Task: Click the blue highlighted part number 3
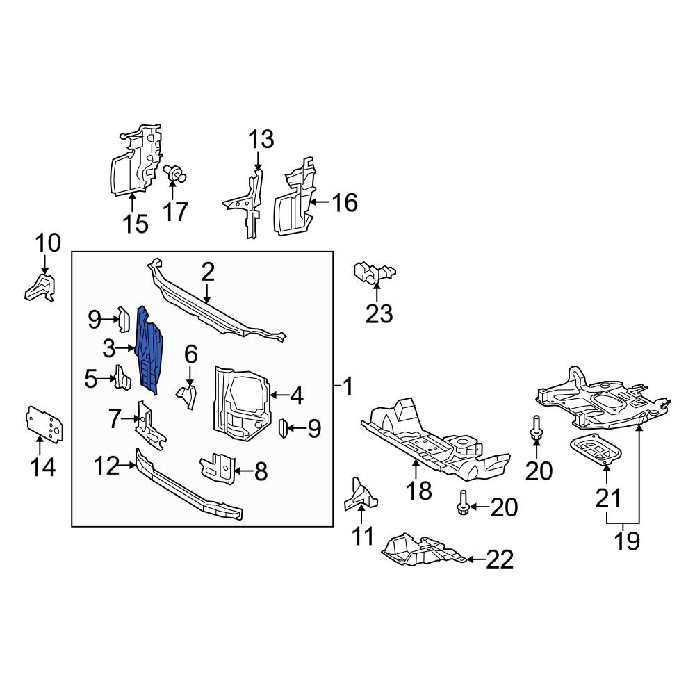(149, 350)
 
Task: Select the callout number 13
(261, 139)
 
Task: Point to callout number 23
(379, 314)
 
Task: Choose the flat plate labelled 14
(44, 424)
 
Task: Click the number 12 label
(107, 466)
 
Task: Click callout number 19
(627, 541)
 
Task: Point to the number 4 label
(296, 395)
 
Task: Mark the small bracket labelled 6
(187, 396)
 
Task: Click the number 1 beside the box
(348, 386)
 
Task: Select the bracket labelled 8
(218, 468)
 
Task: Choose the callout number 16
(345, 202)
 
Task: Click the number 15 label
(136, 224)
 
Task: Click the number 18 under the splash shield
(419, 490)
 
